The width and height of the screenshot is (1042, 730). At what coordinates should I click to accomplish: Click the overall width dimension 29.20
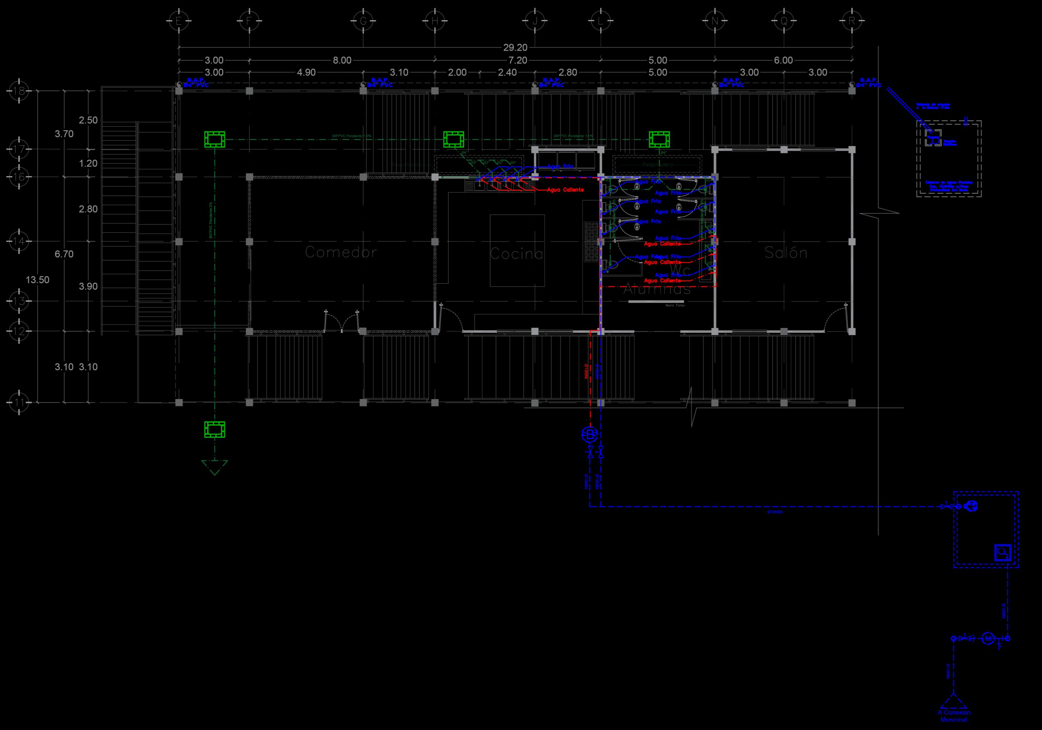tap(515, 47)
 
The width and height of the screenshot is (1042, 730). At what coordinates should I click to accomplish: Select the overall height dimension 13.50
tap(37, 280)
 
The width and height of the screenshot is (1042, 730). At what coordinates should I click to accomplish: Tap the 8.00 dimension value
tap(342, 60)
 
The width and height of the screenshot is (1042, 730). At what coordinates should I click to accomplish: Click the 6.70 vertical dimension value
tap(64, 254)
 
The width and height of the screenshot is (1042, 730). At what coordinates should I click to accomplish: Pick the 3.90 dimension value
tap(88, 287)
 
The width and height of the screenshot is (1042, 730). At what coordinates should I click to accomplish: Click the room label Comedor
tap(341, 252)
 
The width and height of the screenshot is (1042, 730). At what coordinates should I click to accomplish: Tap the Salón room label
tap(786, 252)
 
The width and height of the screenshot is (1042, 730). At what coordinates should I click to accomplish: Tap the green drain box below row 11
tap(215, 429)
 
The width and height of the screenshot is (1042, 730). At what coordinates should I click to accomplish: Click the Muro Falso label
tap(675, 306)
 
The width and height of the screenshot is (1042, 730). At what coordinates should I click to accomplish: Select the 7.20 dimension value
tap(518, 60)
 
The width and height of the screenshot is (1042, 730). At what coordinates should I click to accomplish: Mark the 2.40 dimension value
tap(507, 72)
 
